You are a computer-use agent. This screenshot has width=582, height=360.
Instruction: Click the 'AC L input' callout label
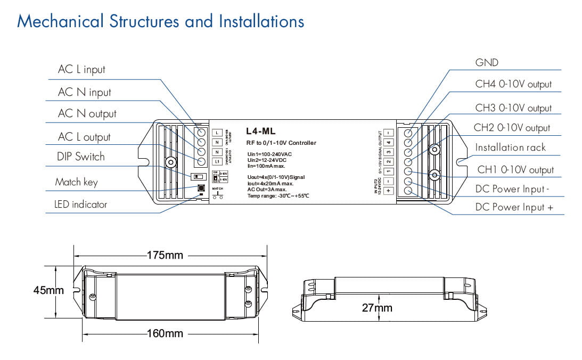pyautogui.click(x=81, y=70)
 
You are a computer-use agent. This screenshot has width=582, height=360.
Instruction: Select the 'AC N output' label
pyautogui.click(x=87, y=114)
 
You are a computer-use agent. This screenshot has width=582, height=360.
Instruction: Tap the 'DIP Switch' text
pyautogui.click(x=80, y=157)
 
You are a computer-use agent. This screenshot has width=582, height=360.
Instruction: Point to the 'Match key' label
pyautogui.click(x=76, y=182)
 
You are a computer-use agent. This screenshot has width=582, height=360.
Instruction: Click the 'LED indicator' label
pyautogui.click(x=80, y=204)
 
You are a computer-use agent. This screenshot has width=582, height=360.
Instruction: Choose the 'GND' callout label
pyautogui.click(x=487, y=63)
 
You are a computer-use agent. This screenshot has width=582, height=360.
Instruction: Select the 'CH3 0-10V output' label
pyautogui.click(x=513, y=108)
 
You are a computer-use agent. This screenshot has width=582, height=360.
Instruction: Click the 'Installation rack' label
pyautogui.click(x=510, y=148)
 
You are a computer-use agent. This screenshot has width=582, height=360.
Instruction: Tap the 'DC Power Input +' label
pyautogui.click(x=514, y=207)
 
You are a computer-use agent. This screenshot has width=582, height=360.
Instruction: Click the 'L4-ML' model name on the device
pyautogui.click(x=261, y=131)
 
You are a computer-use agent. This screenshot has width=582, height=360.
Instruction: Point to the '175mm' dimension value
pyautogui.click(x=165, y=255)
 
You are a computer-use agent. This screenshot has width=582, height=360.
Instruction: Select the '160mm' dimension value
pyautogui.click(x=165, y=334)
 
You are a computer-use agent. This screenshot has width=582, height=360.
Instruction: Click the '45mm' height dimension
pyautogui.click(x=48, y=291)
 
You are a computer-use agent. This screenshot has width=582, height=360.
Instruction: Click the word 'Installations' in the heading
pyautogui.click(x=261, y=21)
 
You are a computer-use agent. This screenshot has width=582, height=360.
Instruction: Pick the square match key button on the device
pyautogui.click(x=201, y=188)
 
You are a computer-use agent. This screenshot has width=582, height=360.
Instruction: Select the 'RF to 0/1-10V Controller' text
pyautogui.click(x=281, y=143)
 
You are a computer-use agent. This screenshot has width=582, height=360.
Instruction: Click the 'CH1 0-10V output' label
pyautogui.click(x=515, y=170)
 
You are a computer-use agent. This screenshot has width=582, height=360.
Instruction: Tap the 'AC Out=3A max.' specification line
pyautogui.click(x=267, y=189)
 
